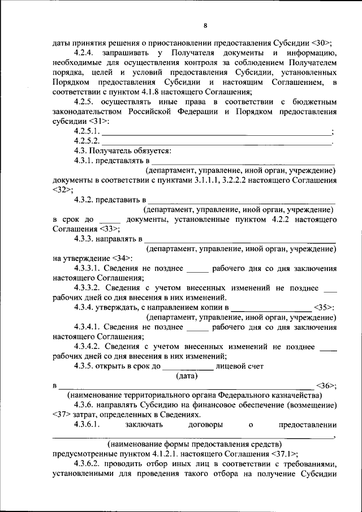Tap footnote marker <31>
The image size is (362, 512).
(x=97, y=121)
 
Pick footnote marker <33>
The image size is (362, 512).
(x=109, y=229)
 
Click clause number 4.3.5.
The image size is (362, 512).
(x=85, y=366)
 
